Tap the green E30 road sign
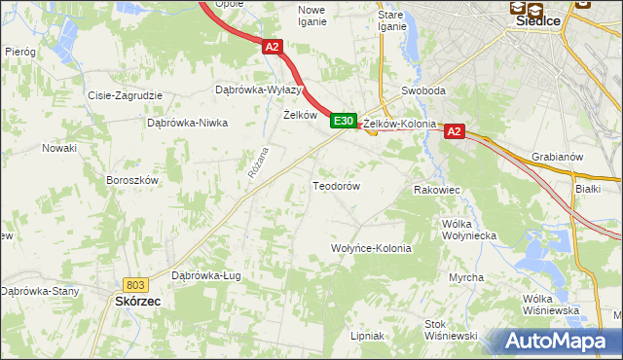coord(342,121)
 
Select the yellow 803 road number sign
coord(135,284)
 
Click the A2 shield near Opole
coord(272,46)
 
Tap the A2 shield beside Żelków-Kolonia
coord(455,131)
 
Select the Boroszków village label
coord(131,180)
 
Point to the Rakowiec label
coord(437,190)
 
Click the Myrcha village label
coord(466,278)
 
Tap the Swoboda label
coord(423,90)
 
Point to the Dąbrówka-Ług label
coord(205,275)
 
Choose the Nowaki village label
coord(58,148)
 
